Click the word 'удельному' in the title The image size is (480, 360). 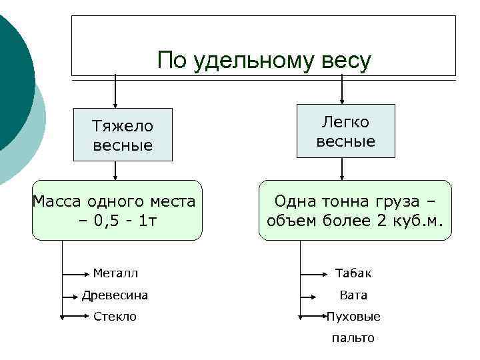(252, 61)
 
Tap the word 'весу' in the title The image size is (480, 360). (345, 61)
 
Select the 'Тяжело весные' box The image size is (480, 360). (123, 135)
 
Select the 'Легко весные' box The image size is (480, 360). (345, 131)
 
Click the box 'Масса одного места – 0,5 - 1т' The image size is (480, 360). (117, 210)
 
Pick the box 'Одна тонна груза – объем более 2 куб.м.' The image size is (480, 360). (355, 210)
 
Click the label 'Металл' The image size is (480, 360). (116, 273)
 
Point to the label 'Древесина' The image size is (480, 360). (115, 295)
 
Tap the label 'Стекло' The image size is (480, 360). (115, 317)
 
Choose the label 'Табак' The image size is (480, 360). (353, 273)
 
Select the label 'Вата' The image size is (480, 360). (353, 295)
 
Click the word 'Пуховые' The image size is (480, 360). (353, 317)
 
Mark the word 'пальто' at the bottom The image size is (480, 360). (353, 338)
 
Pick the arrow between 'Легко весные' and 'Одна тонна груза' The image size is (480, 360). (342, 169)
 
